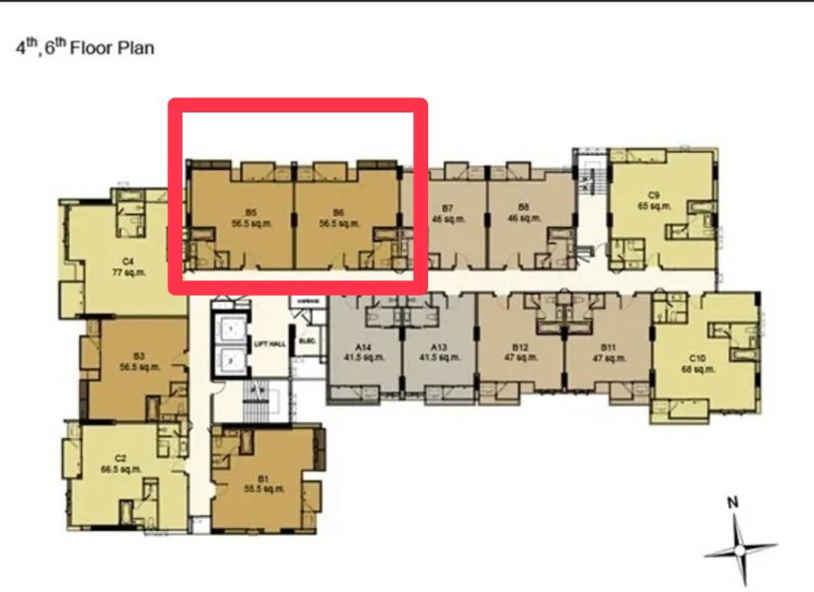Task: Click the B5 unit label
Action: pyautogui.click(x=254, y=212)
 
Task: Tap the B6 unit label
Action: pyautogui.click(x=338, y=212)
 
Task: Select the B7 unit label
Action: pyautogui.click(x=447, y=209)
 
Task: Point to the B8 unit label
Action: pyautogui.click(x=524, y=209)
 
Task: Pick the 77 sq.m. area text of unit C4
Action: pyautogui.click(x=128, y=272)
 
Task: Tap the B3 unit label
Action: pyautogui.click(x=139, y=355)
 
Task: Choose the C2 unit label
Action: pyautogui.click(x=120, y=458)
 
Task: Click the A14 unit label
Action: pyautogui.click(x=365, y=347)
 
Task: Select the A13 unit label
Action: pyautogui.click(x=439, y=347)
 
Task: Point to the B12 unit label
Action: pyautogui.click(x=521, y=347)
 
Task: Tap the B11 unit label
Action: pyautogui.click(x=608, y=347)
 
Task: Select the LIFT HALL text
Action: pyautogui.click(x=269, y=344)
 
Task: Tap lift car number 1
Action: pyautogui.click(x=231, y=328)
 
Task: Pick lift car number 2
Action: pyautogui.click(x=231, y=361)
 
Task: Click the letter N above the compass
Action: pyautogui.click(x=733, y=502)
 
